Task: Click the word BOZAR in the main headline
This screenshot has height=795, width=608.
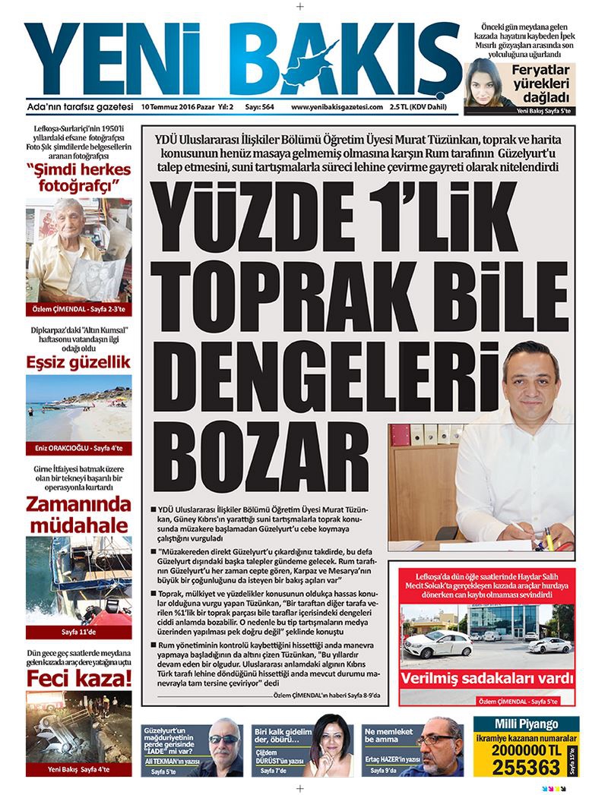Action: [x=255, y=453]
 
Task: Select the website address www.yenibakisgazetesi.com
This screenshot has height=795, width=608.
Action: [x=336, y=108]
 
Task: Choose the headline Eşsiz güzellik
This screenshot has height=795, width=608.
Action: [x=78, y=361]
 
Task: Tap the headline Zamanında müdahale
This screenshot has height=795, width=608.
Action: [x=78, y=514]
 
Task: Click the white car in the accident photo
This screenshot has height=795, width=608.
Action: [x=439, y=645]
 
